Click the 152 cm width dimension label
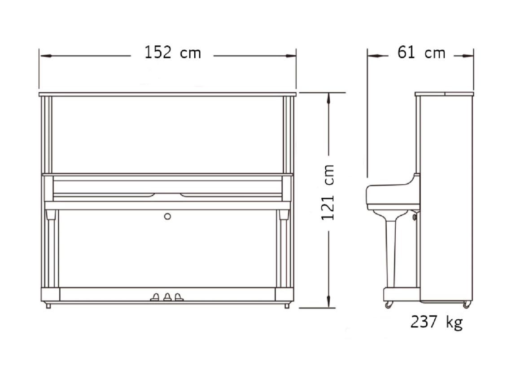tap(173, 52)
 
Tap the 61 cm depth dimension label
tap(421, 52)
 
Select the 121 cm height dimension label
tap(328, 192)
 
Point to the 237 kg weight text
tap(437, 322)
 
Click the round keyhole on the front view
tap(167, 216)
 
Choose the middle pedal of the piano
tap(167, 297)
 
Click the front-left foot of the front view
tap(48, 305)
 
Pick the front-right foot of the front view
tap(287, 305)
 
